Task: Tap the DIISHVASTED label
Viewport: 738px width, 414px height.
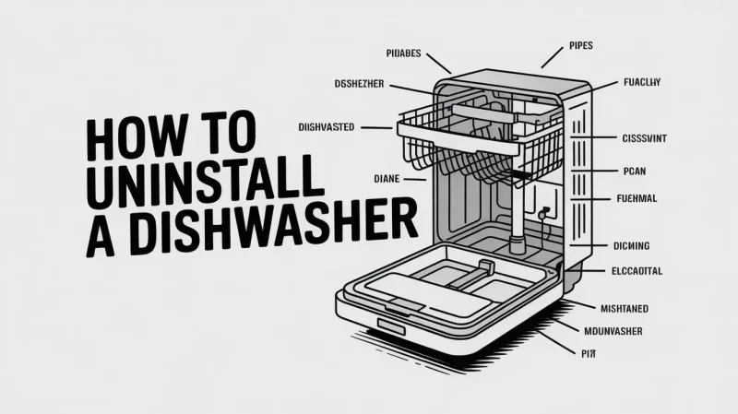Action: pyautogui.click(x=327, y=126)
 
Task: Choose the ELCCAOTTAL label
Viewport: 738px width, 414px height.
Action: pyautogui.click(x=637, y=272)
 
